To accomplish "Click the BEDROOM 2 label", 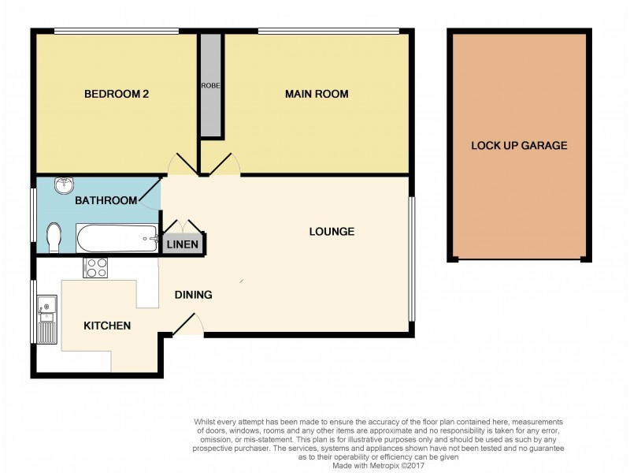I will [x=117, y=94].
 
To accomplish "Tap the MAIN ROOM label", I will [x=316, y=94].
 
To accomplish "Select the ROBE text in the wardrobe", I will [x=210, y=85].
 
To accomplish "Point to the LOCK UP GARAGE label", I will [x=518, y=145].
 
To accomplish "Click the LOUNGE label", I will [x=332, y=232].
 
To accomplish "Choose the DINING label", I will [x=193, y=295].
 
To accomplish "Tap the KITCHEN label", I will [x=107, y=325].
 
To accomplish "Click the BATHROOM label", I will [x=106, y=201].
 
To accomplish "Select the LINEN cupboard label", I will [x=182, y=245].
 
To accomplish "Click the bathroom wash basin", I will [x=62, y=186].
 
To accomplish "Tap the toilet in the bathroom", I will [x=53, y=236].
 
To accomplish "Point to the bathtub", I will [x=117, y=237].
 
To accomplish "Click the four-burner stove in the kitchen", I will [x=95, y=268].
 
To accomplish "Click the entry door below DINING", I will [x=187, y=325].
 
